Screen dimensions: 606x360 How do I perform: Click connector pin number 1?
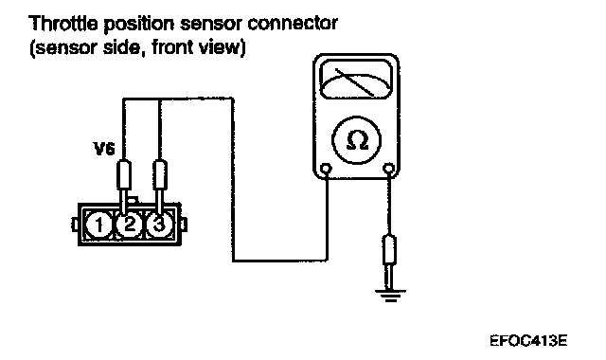click(x=98, y=225)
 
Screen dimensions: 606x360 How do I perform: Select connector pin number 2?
click(x=129, y=225)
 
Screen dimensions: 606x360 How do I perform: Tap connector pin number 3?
click(x=158, y=225)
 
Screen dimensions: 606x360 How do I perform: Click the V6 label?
click(x=104, y=149)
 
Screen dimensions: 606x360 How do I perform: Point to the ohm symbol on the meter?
click(x=357, y=140)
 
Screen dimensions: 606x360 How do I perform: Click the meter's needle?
click(x=354, y=82)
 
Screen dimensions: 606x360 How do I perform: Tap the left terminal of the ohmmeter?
click(x=327, y=169)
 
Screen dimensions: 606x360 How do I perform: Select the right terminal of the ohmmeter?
click(x=389, y=169)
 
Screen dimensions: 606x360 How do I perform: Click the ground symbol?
click(x=390, y=296)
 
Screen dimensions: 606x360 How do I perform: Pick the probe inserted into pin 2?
click(x=124, y=187)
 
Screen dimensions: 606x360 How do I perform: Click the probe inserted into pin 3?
click(x=160, y=187)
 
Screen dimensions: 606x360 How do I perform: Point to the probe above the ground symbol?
click(x=389, y=261)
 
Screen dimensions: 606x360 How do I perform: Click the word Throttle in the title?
click(x=63, y=24)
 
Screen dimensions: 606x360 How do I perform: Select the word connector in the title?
click(x=293, y=24)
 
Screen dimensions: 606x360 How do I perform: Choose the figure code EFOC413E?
click(x=528, y=341)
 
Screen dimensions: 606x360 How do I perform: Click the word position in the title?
click(x=139, y=26)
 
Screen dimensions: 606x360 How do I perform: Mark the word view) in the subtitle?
click(x=222, y=48)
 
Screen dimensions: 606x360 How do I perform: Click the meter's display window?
click(x=356, y=80)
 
